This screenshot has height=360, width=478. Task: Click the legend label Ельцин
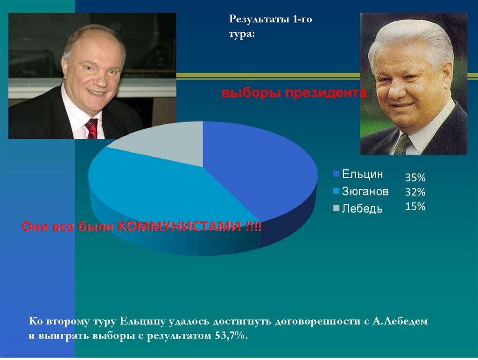pyautogui.click(x=362, y=174)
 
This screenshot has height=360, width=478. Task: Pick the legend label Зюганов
pyautogui.click(x=365, y=191)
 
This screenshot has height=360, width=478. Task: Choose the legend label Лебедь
pyautogui.click(x=362, y=208)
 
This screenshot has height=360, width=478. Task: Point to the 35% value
pyautogui.click(x=415, y=177)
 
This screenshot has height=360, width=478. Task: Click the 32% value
pyautogui.click(x=415, y=192)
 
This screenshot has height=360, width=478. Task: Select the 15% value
pyautogui.click(x=415, y=207)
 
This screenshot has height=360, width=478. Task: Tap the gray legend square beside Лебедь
pyautogui.click(x=336, y=208)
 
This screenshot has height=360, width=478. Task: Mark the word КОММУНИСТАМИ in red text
pyautogui.click(x=179, y=226)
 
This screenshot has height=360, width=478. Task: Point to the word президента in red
pyautogui.click(x=325, y=93)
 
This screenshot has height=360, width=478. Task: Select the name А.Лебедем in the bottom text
pyautogui.click(x=400, y=321)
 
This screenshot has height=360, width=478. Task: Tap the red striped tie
pyautogui.click(x=91, y=129)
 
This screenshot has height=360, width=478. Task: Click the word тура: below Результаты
pyautogui.click(x=241, y=34)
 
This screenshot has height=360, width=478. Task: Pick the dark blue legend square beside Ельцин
pyautogui.click(x=336, y=174)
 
